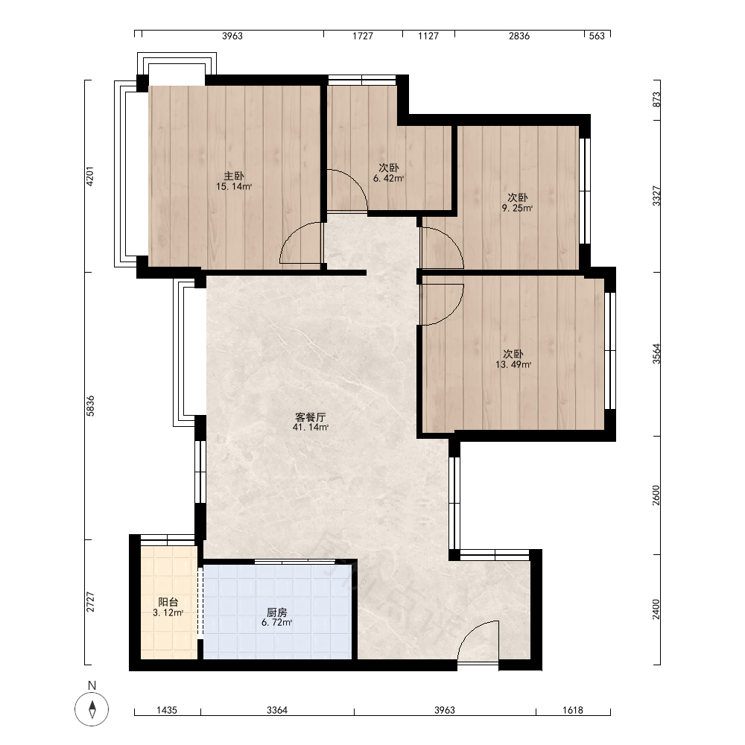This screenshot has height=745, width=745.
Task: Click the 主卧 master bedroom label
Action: (x=234, y=177)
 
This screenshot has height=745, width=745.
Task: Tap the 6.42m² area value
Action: (x=389, y=179)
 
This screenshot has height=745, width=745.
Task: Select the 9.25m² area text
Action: (x=518, y=208)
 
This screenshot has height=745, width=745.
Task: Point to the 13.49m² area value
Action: (x=513, y=365)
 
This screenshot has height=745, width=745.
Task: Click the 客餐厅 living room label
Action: (x=310, y=417)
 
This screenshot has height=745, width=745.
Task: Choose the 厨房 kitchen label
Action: (x=276, y=612)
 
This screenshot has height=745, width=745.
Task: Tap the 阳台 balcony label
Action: (x=168, y=602)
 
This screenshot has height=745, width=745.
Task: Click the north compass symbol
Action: (x=92, y=709)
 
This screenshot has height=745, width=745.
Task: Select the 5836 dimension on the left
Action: (x=90, y=406)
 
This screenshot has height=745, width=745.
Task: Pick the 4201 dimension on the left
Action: (x=90, y=177)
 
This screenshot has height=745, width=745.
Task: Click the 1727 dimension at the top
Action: (x=363, y=36)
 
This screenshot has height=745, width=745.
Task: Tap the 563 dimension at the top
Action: (x=597, y=36)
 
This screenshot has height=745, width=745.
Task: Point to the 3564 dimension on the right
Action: (x=656, y=354)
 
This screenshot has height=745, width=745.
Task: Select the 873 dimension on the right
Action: (x=656, y=100)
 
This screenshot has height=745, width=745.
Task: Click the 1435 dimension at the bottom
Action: (x=167, y=710)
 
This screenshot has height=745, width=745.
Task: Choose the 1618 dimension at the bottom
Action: (x=572, y=710)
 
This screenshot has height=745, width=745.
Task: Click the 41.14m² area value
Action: (x=311, y=427)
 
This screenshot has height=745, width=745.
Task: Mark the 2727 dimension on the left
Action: (x=90, y=601)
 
